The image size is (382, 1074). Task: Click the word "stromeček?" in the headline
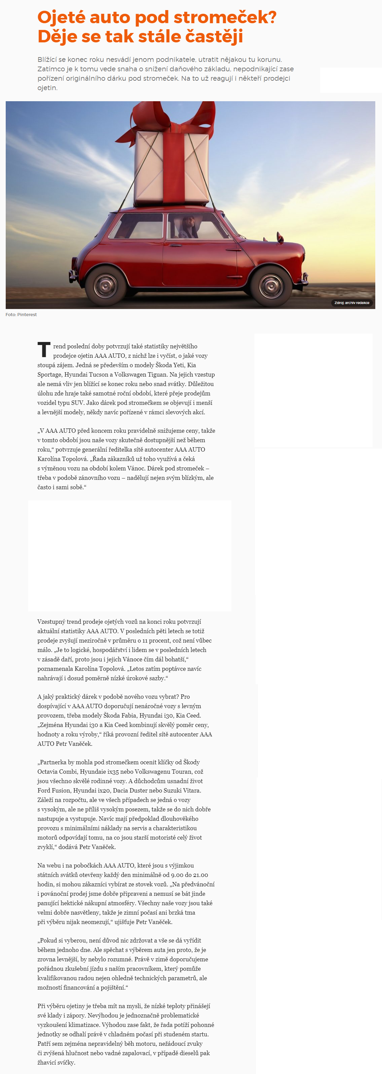pos(225,17)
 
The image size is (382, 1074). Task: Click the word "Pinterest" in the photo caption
pos(27,315)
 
